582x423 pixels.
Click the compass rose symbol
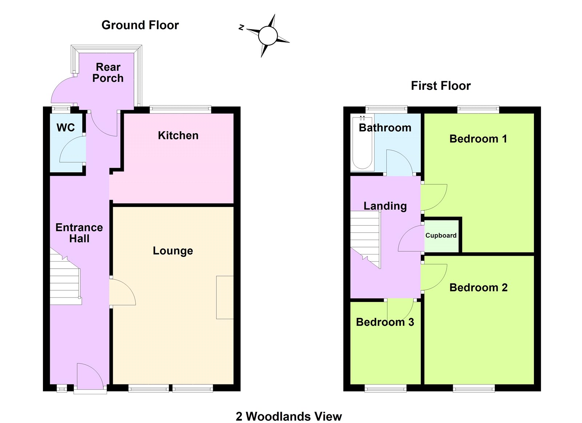click(x=268, y=36)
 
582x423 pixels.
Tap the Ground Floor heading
click(x=140, y=25)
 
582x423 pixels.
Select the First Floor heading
click(x=441, y=86)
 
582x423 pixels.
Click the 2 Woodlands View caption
click(x=288, y=416)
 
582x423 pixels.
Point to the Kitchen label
click(x=178, y=136)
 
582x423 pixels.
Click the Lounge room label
click(x=173, y=251)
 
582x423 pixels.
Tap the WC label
click(x=65, y=128)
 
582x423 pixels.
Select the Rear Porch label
click(x=108, y=72)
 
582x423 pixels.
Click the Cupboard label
click(x=441, y=235)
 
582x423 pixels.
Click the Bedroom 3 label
click(x=385, y=322)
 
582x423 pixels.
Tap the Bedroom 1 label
click(x=478, y=139)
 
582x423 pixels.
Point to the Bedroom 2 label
click(x=478, y=288)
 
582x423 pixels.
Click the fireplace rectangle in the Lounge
click(x=225, y=298)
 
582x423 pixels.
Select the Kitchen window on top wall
click(x=180, y=108)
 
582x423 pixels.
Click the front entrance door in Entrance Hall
click(x=90, y=376)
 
